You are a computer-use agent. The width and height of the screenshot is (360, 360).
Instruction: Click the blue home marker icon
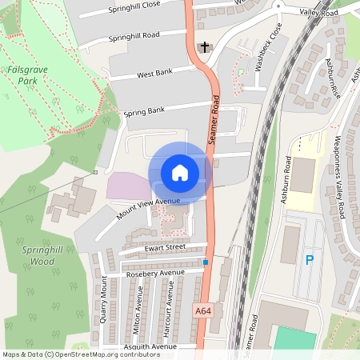pos(179,172)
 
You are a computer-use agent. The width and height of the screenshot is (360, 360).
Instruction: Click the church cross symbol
pos(205,47)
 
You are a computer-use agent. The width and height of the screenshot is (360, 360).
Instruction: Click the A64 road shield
pos(204,310)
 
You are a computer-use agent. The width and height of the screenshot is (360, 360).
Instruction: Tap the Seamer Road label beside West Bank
pos(214,120)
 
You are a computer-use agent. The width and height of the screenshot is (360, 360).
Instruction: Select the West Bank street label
pos(154,74)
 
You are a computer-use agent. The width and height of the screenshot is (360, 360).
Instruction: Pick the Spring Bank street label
pos(144,111)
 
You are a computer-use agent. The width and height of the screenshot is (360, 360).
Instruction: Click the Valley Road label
pos(318,14)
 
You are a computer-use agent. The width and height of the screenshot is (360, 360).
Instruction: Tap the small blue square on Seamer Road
pos(206,262)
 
